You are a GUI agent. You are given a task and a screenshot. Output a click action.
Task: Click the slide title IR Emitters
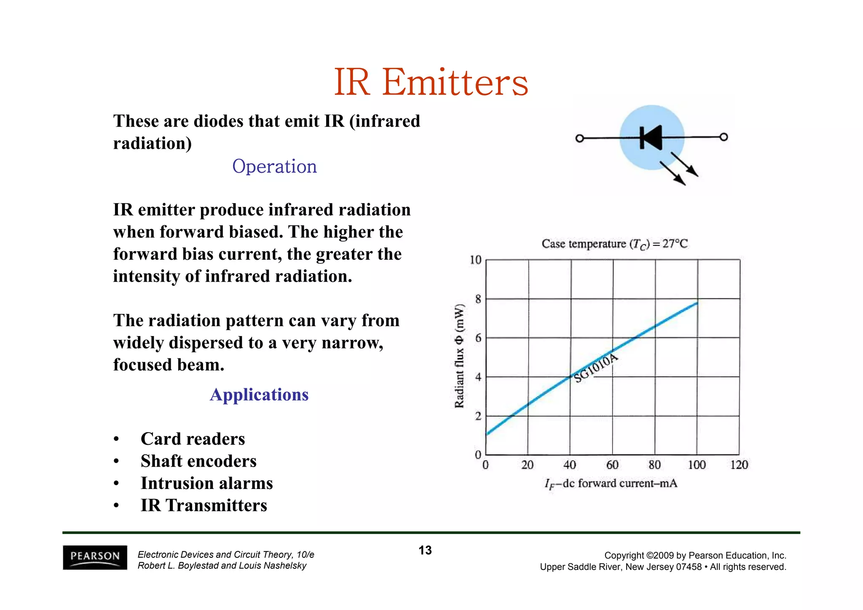pyautogui.click(x=431, y=82)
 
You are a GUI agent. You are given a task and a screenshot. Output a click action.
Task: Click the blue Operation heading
pyautogui.click(x=274, y=166)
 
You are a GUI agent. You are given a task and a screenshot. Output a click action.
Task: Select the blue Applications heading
pyautogui.click(x=259, y=395)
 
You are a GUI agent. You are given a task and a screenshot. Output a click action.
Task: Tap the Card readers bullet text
pyautogui.click(x=193, y=439)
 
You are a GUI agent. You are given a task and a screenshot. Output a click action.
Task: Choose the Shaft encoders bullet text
pyautogui.click(x=198, y=461)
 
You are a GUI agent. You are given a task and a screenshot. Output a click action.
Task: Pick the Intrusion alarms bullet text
pyautogui.click(x=206, y=483)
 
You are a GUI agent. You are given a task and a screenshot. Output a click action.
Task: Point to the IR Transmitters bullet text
pyautogui.click(x=204, y=505)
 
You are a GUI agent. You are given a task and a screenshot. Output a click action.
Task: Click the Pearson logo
pyautogui.click(x=95, y=557)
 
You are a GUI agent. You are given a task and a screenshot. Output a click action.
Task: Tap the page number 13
pyautogui.click(x=425, y=550)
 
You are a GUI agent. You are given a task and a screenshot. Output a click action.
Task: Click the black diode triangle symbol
pyautogui.click(x=651, y=137)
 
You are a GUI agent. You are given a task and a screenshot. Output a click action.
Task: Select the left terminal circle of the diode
pyautogui.click(x=579, y=138)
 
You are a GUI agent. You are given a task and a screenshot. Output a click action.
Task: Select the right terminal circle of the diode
pyautogui.click(x=724, y=137)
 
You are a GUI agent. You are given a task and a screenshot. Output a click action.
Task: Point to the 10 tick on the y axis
pyautogui.click(x=475, y=260)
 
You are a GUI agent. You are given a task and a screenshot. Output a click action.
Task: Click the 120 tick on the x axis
pyautogui.click(x=739, y=465)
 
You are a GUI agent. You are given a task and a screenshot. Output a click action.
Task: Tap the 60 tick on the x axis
pyautogui.click(x=612, y=465)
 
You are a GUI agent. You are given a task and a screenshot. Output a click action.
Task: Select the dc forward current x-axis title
pyautogui.click(x=611, y=484)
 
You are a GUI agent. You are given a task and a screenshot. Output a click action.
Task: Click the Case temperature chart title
pyautogui.click(x=614, y=244)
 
